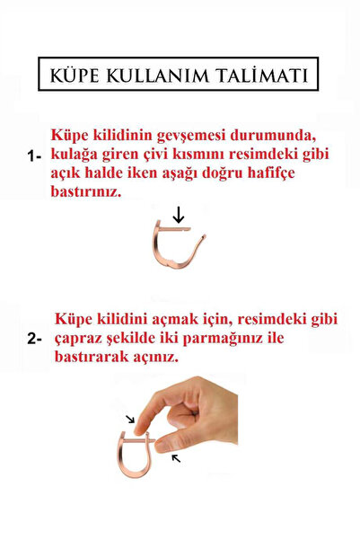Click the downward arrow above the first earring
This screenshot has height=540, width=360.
180,214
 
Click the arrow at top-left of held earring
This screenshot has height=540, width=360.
131,419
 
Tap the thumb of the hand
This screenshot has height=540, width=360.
166,443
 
